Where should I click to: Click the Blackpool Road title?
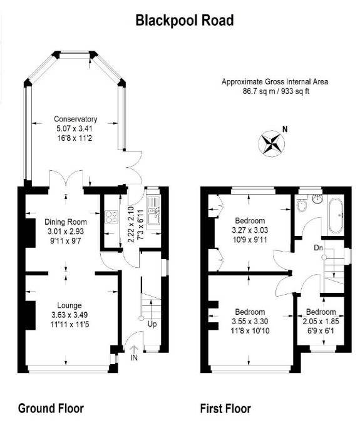tap(185, 21)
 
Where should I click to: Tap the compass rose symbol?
tap(272, 143)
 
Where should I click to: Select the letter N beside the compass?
tap(285, 130)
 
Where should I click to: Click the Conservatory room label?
tap(76, 119)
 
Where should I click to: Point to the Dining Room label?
tap(66, 222)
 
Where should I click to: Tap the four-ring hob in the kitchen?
tap(111, 217)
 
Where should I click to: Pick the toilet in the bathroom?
tap(302, 203)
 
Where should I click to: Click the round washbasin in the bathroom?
tap(317, 198)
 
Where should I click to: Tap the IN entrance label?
tap(134, 358)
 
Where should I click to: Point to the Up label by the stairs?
tap(152, 324)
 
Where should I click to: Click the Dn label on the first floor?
tap(319, 248)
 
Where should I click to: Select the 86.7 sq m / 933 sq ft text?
tap(276, 91)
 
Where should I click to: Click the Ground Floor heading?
tap(51, 408)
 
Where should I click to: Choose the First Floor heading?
tap(225, 409)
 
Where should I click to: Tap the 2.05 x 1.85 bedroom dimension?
tap(321, 321)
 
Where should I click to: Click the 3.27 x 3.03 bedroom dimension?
tap(250, 230)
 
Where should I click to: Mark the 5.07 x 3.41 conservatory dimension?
tap(75, 129)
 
